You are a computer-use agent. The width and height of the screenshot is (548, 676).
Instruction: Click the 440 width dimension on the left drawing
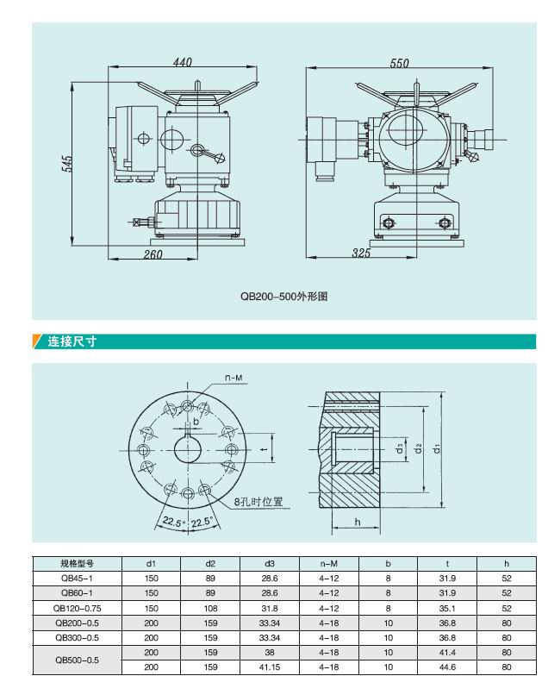click(182, 62)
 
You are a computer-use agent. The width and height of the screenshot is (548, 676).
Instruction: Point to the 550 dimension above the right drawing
click(399, 63)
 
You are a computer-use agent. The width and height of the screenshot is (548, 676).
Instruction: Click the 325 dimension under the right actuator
click(362, 253)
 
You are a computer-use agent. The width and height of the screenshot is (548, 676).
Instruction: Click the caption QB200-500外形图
click(284, 296)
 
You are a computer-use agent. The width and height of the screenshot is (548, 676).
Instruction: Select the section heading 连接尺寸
click(72, 341)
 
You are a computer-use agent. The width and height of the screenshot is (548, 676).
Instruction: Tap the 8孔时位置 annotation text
click(259, 501)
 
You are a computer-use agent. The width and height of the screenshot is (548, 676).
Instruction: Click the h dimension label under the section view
click(357, 523)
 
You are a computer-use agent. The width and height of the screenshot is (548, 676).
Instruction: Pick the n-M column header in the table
click(327, 564)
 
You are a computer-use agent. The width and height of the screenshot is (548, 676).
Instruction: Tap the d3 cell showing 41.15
click(269, 667)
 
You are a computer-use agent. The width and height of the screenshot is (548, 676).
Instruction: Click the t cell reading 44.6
click(446, 667)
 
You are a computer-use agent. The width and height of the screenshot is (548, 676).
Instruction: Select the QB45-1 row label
click(76, 578)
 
